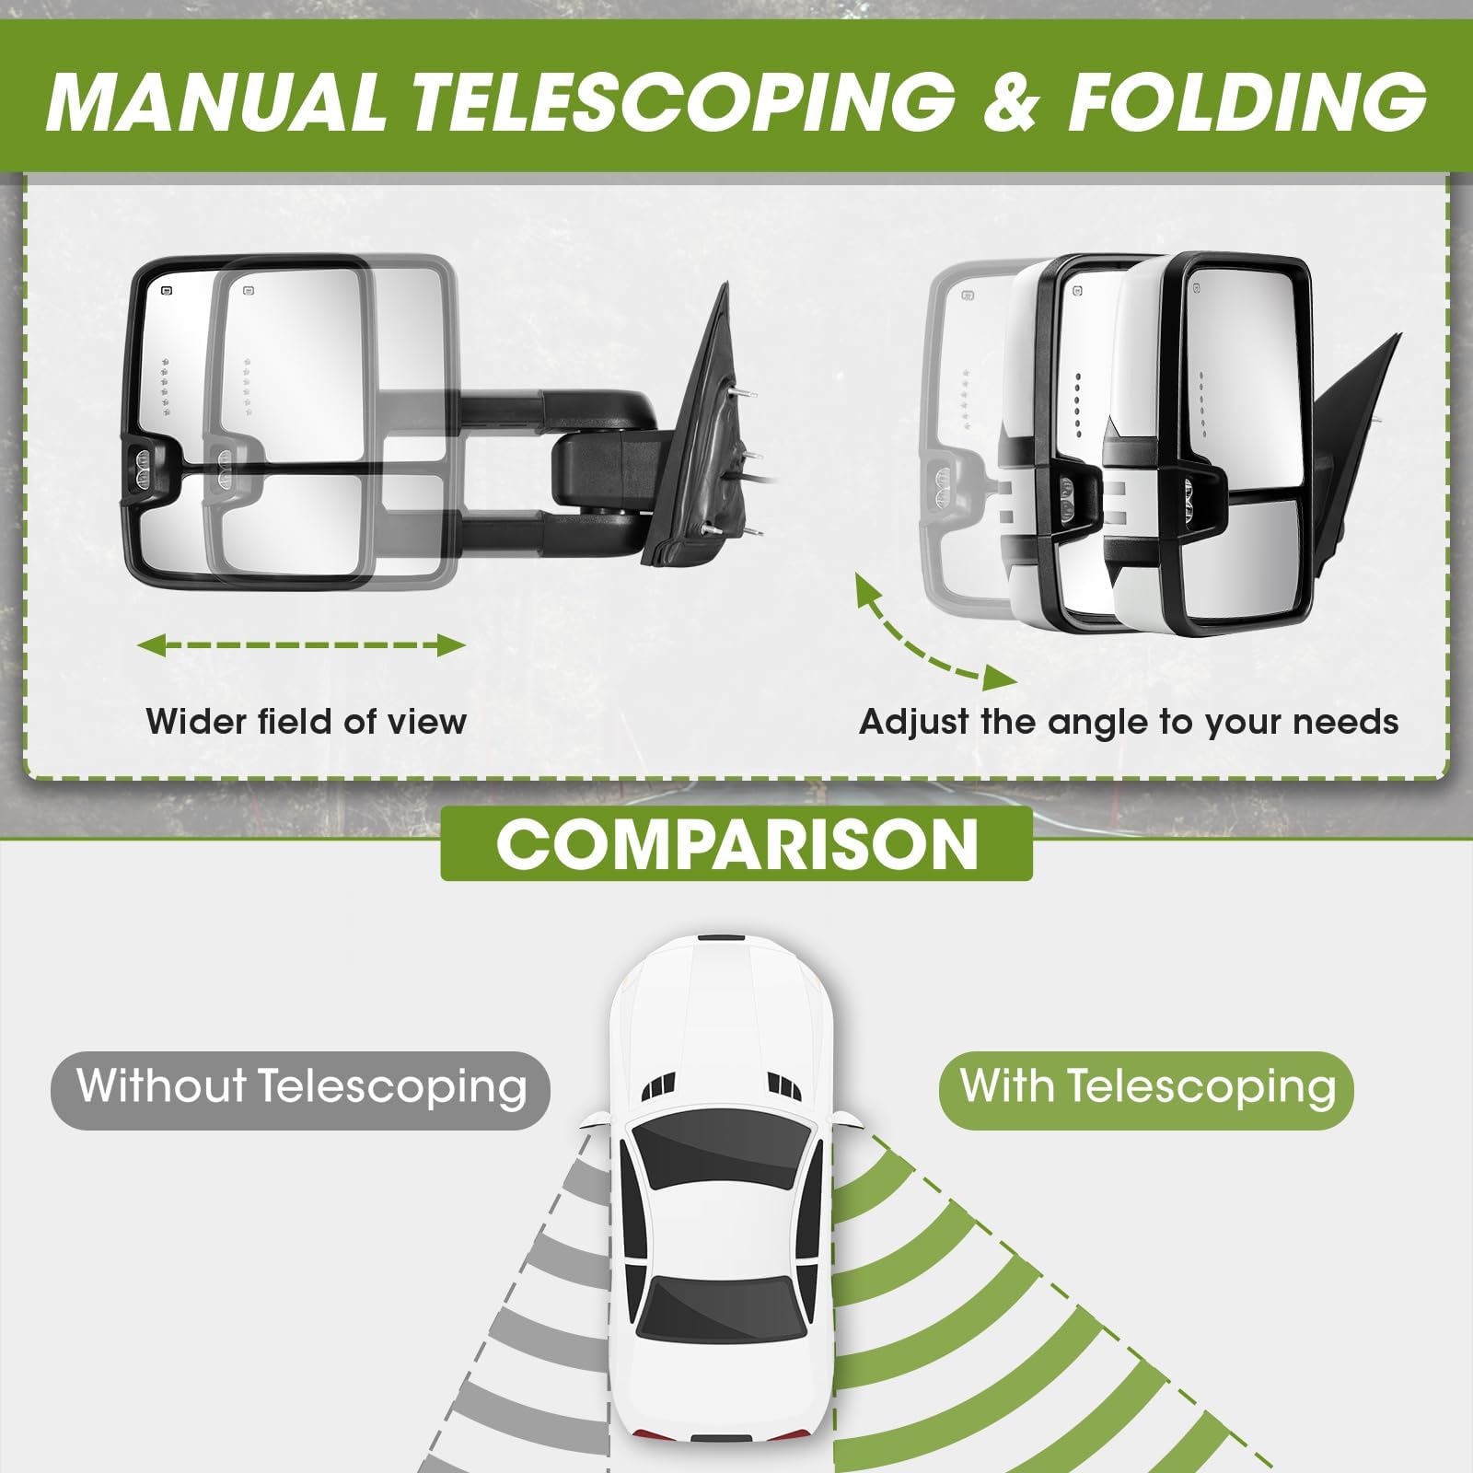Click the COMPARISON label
(736, 843)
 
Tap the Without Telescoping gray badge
(300, 1090)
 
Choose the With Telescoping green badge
(1146, 1090)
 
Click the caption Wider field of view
(307, 721)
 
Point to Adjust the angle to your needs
(1129, 721)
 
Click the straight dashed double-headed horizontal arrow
(302, 645)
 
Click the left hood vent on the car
(657, 1085)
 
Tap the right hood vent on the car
(783, 1085)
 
